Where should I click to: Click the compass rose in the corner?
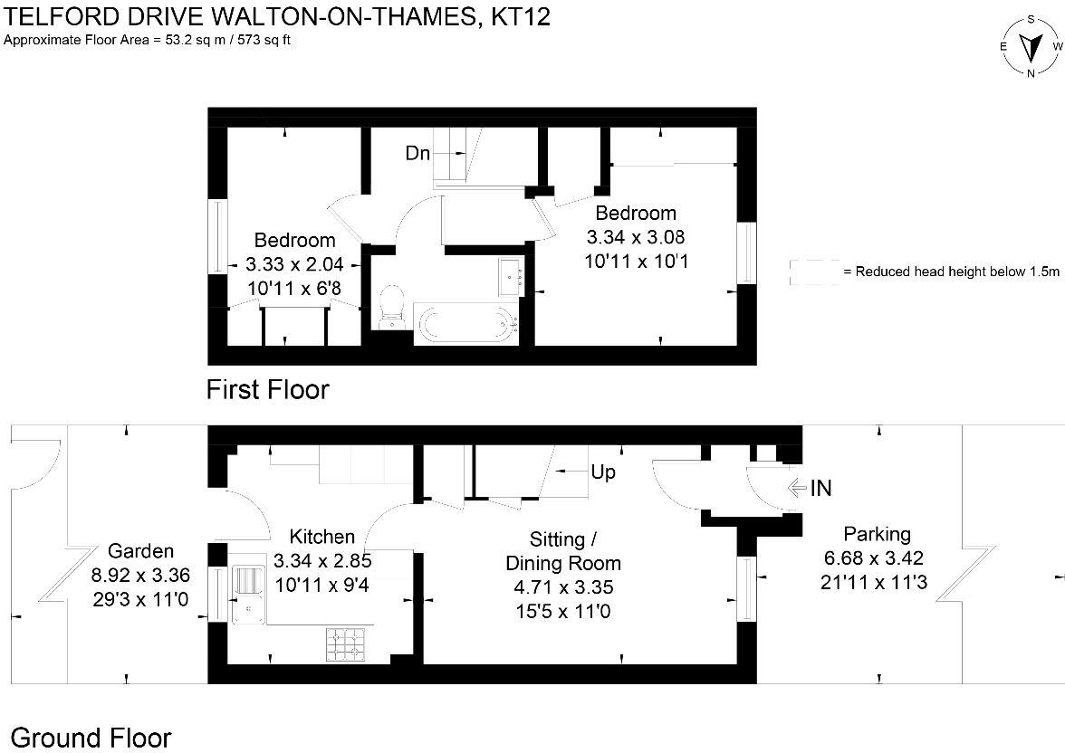point(1031,46)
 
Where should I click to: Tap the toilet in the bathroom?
point(391,308)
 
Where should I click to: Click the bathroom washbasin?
point(513,274)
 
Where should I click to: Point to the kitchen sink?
point(246,594)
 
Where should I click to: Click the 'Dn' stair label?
point(417,153)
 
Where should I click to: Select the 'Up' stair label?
point(604,472)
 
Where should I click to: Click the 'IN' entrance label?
point(820,489)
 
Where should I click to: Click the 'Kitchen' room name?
point(321,538)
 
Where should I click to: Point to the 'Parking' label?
point(877,534)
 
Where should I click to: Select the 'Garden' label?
point(140,551)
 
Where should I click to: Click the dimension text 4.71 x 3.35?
point(562,587)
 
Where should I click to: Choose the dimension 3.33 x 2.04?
point(294,264)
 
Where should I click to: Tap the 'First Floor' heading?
point(267,390)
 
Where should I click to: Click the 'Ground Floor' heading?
point(91,737)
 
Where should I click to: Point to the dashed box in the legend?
point(814,272)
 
